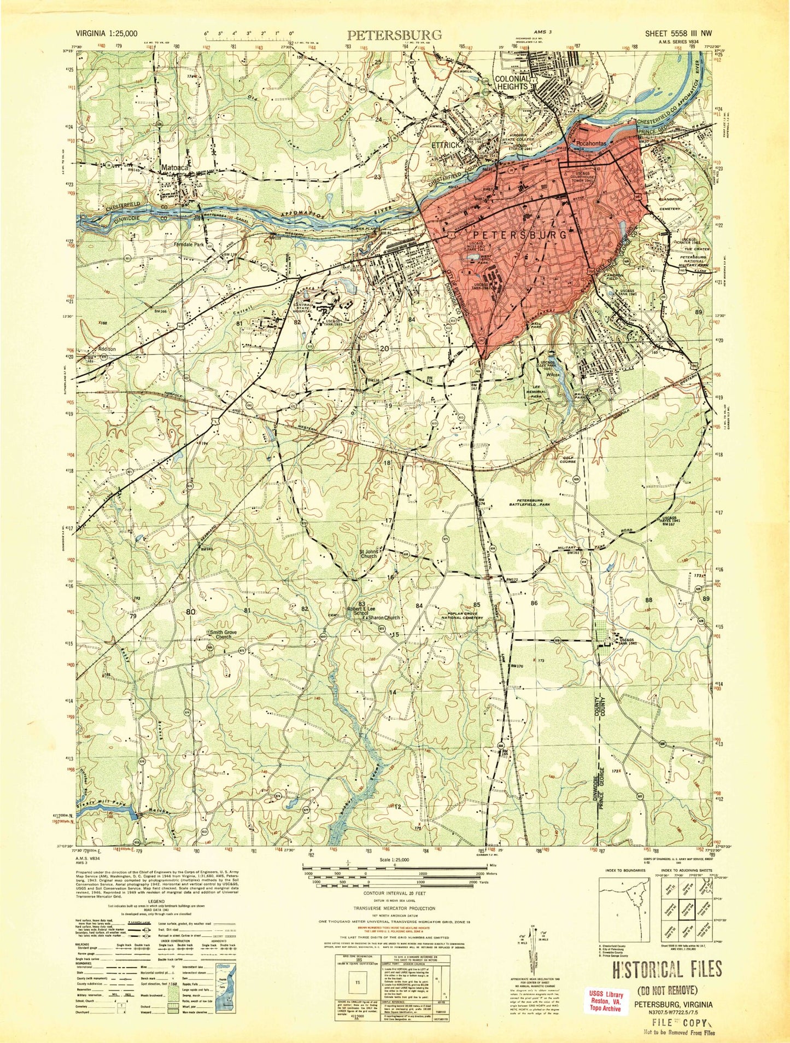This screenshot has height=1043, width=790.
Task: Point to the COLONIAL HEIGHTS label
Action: [512, 82]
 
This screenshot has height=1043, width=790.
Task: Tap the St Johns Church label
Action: [368, 554]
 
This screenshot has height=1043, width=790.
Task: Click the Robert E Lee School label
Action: [362, 610]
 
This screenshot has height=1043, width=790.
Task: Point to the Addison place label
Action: [107, 348]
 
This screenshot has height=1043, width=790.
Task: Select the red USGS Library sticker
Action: [604, 1001]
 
